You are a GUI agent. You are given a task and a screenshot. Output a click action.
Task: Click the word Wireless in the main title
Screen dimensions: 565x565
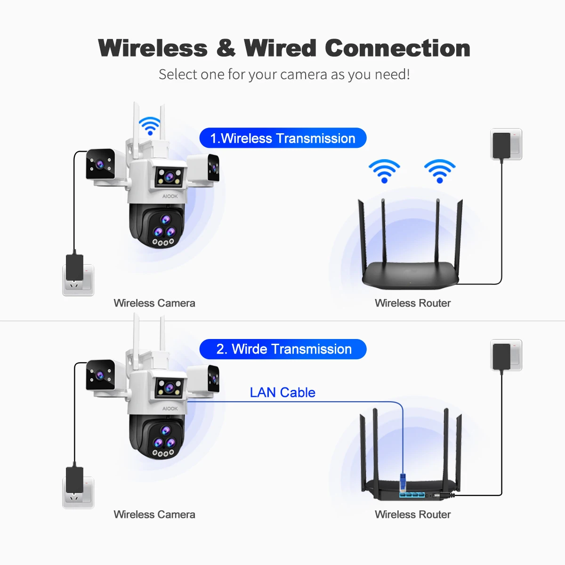pos(153,48)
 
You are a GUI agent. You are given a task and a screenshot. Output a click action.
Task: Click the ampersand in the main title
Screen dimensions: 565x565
pos(226,48)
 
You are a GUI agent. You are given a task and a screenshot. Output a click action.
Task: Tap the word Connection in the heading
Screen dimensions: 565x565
pos(397,48)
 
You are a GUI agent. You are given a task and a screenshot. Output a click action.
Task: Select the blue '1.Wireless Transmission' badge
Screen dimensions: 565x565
pos(282,138)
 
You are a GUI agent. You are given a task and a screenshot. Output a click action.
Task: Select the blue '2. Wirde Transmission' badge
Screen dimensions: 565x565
pos(283,349)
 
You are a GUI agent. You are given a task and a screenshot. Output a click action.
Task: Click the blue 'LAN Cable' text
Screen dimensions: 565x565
pos(282,392)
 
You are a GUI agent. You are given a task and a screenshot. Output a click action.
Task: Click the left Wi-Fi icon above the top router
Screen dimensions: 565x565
pos(384,170)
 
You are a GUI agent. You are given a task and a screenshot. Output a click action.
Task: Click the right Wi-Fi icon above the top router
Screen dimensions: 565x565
pos(439,170)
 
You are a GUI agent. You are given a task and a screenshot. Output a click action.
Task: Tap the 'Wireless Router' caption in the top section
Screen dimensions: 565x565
pos(412,303)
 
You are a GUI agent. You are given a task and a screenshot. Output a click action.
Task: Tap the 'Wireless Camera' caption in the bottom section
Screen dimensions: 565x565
pos(154,515)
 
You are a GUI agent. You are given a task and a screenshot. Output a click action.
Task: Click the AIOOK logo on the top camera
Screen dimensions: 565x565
pos(170,196)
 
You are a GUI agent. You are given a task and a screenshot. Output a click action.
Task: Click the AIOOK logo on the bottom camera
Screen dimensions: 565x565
pos(170,409)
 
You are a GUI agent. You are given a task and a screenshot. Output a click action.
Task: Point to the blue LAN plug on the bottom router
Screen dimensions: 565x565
pos(403,482)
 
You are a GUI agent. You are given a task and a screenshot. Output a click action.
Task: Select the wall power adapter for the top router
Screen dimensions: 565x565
pos(501,145)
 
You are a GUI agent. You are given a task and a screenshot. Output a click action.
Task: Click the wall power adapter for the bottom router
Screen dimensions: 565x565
pos(501,356)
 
